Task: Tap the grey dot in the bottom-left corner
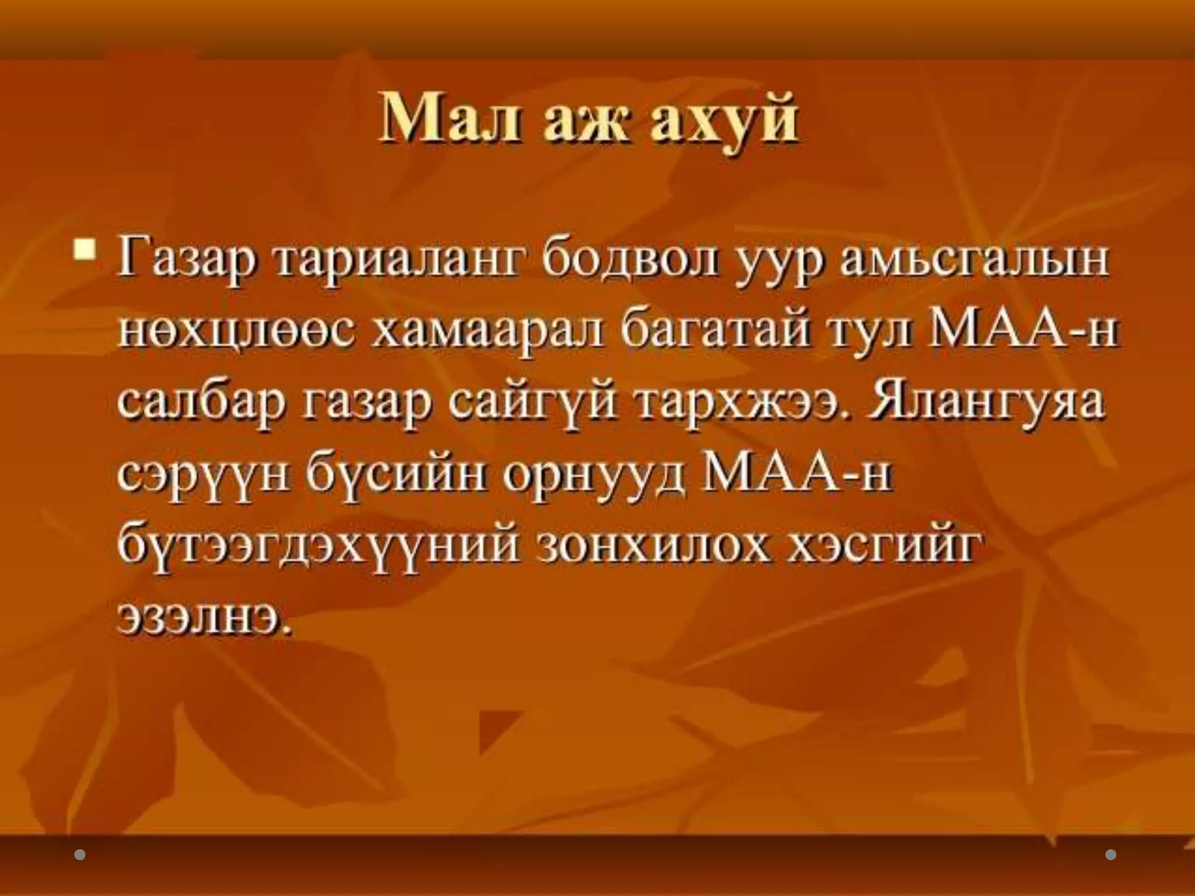pyautogui.click(x=81, y=855)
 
